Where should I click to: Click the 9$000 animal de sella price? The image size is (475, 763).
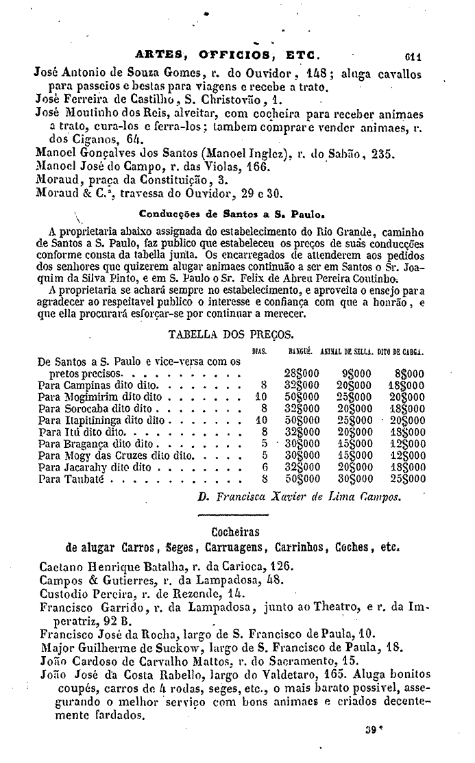click(x=356, y=373)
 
